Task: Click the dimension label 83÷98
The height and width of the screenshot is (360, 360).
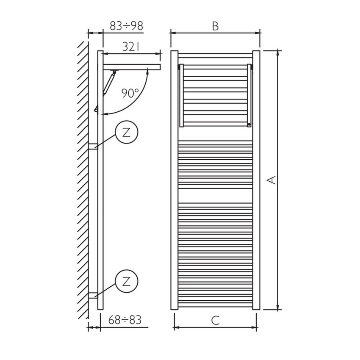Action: click(126, 26)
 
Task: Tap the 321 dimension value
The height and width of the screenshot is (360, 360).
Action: click(131, 47)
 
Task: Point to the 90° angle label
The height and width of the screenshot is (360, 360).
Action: click(130, 93)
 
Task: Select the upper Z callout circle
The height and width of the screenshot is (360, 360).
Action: click(126, 132)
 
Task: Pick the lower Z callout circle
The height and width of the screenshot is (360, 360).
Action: click(126, 281)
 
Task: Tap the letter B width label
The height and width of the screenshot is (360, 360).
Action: click(215, 26)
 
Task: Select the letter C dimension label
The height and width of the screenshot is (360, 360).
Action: click(215, 321)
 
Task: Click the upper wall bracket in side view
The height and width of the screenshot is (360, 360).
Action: click(93, 147)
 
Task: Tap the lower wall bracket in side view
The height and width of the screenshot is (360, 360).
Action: click(93, 295)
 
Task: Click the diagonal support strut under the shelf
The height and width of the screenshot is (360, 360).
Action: click(109, 82)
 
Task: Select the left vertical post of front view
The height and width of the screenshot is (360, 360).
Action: click(174, 180)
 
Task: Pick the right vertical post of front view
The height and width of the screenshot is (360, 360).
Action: click(256, 180)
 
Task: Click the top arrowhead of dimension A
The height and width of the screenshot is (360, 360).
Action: click(278, 53)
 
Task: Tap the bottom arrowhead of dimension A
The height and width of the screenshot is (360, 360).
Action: click(278, 307)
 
